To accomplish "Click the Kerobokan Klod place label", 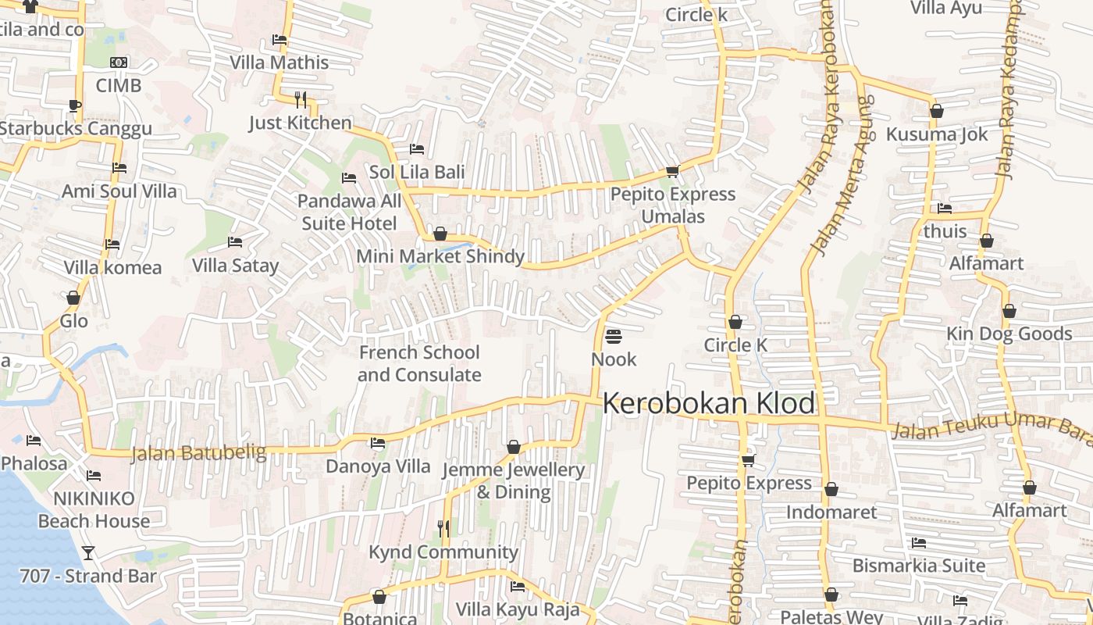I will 709,404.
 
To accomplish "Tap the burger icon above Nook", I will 614,337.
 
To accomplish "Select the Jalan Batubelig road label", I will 198,453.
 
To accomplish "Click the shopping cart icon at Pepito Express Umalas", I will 672,171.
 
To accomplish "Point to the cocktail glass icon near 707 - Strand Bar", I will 88,553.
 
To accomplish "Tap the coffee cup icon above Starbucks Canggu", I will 74,105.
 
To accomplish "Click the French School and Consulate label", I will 419,363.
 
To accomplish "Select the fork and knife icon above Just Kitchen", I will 300,99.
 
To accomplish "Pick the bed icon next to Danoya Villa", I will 378,444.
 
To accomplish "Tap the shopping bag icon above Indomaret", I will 831,490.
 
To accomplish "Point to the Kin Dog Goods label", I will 1009,334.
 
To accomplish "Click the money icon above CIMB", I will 119,62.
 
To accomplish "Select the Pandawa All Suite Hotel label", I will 349,212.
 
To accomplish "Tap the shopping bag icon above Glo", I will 73,298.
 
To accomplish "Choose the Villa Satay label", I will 235,266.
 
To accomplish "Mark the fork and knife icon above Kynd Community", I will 443,529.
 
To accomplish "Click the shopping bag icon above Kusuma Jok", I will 937,112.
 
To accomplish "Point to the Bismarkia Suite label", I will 919,565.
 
